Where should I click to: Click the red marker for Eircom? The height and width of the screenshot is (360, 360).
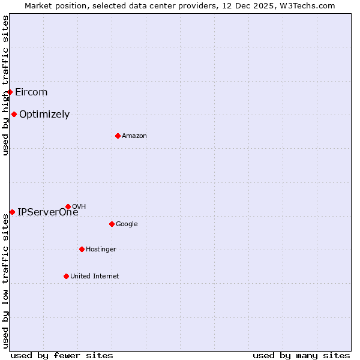click(x=10, y=92)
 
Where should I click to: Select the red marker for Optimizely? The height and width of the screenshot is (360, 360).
click(x=14, y=114)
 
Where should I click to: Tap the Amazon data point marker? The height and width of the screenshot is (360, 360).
click(x=118, y=136)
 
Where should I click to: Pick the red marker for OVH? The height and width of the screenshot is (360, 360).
click(x=68, y=206)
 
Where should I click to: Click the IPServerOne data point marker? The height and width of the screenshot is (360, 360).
click(x=12, y=212)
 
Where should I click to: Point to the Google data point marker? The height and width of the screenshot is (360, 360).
click(x=112, y=224)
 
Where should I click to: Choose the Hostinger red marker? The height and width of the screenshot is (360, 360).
click(x=82, y=249)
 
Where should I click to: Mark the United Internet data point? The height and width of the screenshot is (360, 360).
click(x=66, y=276)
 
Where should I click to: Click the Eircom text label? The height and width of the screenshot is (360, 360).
click(x=31, y=92)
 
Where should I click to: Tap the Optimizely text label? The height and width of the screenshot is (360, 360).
click(x=44, y=114)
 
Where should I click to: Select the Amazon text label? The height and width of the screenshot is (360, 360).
click(x=134, y=136)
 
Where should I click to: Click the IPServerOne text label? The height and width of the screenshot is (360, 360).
click(x=47, y=212)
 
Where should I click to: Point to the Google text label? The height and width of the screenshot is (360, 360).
click(x=127, y=224)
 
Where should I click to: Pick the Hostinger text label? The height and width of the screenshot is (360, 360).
click(x=101, y=249)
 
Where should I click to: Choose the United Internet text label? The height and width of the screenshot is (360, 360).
click(x=95, y=276)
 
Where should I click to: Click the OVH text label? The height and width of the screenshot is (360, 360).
click(x=79, y=206)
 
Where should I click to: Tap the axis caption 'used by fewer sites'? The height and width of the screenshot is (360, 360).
click(x=62, y=355)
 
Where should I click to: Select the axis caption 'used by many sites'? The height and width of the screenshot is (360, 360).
click(x=301, y=355)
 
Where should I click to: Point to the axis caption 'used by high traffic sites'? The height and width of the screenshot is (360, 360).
click(x=5, y=85)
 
